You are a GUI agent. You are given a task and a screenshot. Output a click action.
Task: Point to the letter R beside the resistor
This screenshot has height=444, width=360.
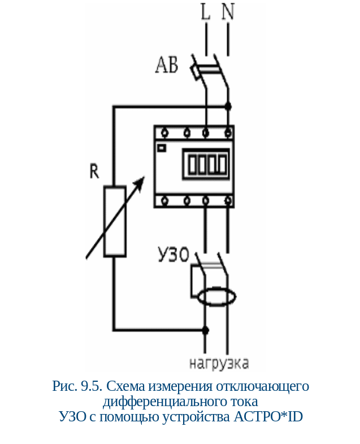tap(94, 171)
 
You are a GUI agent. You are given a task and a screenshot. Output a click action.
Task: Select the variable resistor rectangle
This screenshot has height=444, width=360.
tap(115, 222)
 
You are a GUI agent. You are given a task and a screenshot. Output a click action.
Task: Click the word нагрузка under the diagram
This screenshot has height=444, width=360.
tap(219, 363)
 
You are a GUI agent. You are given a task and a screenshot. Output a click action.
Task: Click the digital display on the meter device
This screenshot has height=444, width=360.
tap(206, 165)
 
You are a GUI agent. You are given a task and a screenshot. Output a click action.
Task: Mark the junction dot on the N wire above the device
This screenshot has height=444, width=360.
tap(228, 106)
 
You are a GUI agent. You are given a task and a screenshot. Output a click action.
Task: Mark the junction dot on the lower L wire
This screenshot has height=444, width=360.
tap(205, 329)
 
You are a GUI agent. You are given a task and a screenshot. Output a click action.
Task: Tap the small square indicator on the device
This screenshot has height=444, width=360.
tap(162, 148)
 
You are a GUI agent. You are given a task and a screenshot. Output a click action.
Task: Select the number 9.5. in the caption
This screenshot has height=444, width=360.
tap(92, 387)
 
